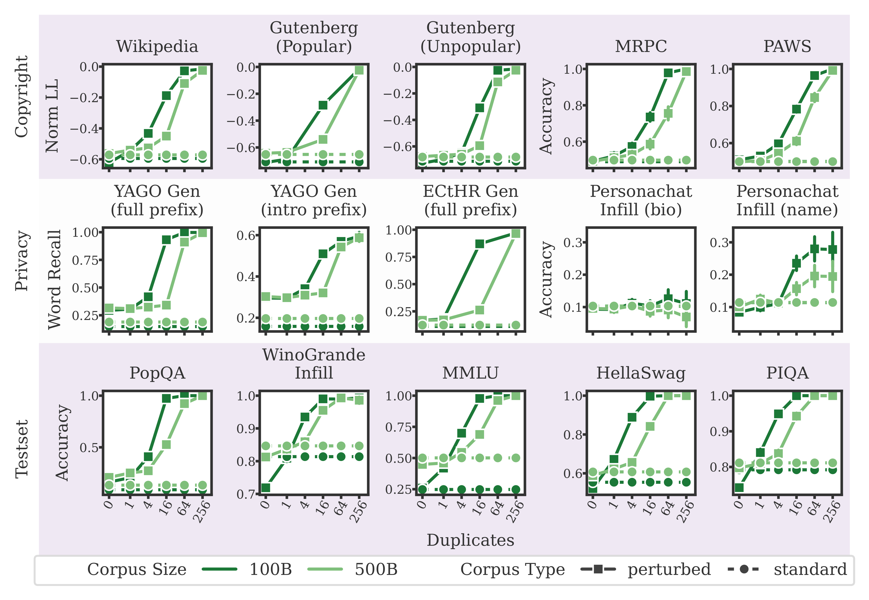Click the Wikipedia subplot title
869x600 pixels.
point(157,46)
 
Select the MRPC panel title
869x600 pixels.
point(641,46)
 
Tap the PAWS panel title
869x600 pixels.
point(787,46)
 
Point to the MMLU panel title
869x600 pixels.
point(470,373)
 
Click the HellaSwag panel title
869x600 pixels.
point(641,373)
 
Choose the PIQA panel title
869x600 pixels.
point(787,373)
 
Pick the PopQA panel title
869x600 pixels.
point(157,373)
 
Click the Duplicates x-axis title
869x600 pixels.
point(470,540)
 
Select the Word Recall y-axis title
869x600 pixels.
point(54,279)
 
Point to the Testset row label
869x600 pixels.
point(22,449)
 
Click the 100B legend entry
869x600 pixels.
point(271,570)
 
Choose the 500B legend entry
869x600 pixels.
point(376,570)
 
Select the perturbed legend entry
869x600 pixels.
point(669,570)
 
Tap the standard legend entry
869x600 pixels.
point(810,570)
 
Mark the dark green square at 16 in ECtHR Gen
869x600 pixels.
point(479,244)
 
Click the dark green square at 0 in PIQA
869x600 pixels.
point(739,488)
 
